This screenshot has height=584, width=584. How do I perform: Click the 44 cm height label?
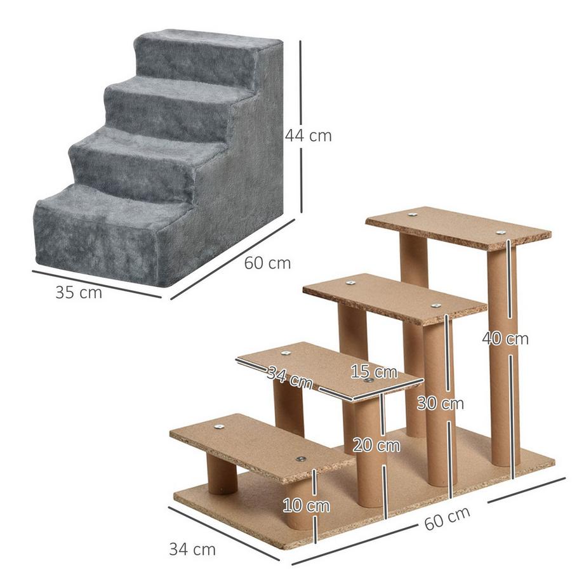308,135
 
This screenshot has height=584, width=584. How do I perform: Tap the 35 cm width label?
78,293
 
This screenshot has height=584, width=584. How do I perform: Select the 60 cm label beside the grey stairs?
267,262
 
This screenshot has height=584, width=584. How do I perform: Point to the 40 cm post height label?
505,339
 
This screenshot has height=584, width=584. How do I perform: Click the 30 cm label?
440,403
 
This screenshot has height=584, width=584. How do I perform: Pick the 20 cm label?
376,445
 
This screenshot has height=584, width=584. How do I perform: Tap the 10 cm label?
307,506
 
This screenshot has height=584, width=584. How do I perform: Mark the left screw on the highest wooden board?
412,215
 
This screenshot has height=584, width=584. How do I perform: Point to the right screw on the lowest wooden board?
301,459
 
